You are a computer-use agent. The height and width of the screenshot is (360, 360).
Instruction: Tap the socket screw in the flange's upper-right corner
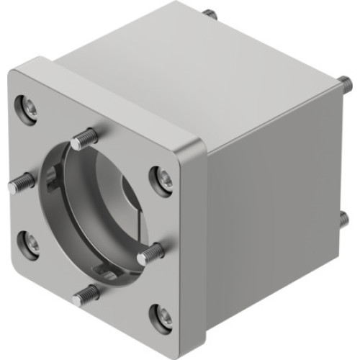click(x=165, y=179)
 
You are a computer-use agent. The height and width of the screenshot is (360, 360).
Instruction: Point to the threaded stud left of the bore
click(x=19, y=183)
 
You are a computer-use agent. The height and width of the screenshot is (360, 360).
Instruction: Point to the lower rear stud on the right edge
click(x=343, y=217)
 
